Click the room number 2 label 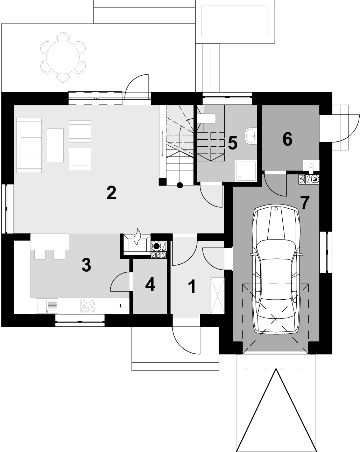tap(111, 193)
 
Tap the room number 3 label tap(86, 265)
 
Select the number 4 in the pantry tap(150, 284)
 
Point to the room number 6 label tap(287, 139)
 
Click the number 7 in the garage tap(305, 203)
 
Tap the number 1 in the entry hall tap(192, 286)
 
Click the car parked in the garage tap(276, 269)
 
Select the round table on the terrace tap(63, 57)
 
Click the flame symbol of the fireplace tap(137, 236)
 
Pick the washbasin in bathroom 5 tap(250, 136)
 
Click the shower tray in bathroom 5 tap(246, 171)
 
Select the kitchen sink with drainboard tap(47, 306)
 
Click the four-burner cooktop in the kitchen tap(88, 306)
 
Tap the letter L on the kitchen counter tap(121, 306)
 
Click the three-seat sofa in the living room tap(29, 145)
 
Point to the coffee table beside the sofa tap(55, 145)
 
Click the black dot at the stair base tap(180, 185)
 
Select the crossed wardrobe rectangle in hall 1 tap(218, 296)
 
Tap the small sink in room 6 tap(311, 165)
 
